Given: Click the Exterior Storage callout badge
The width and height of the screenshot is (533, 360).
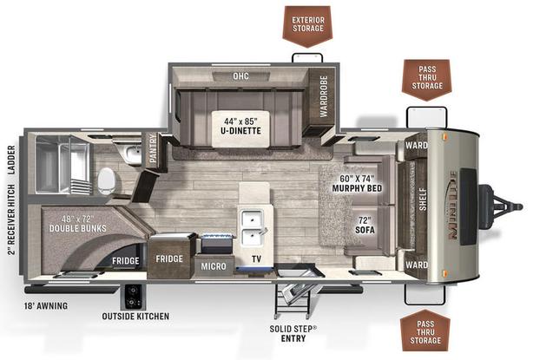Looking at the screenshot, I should click(307, 24).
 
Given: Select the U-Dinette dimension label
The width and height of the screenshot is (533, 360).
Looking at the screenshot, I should click(241, 125).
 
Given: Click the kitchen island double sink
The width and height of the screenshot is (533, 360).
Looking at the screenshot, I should click(253, 226).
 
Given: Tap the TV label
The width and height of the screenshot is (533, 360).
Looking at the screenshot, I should click(256, 259).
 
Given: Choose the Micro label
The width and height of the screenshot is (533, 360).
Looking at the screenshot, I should click(214, 265).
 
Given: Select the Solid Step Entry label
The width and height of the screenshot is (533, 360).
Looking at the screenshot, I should click(292, 335).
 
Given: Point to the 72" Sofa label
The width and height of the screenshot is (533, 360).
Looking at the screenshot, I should click(365, 226).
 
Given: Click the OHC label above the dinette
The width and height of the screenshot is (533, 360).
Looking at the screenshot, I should click(241, 76).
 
